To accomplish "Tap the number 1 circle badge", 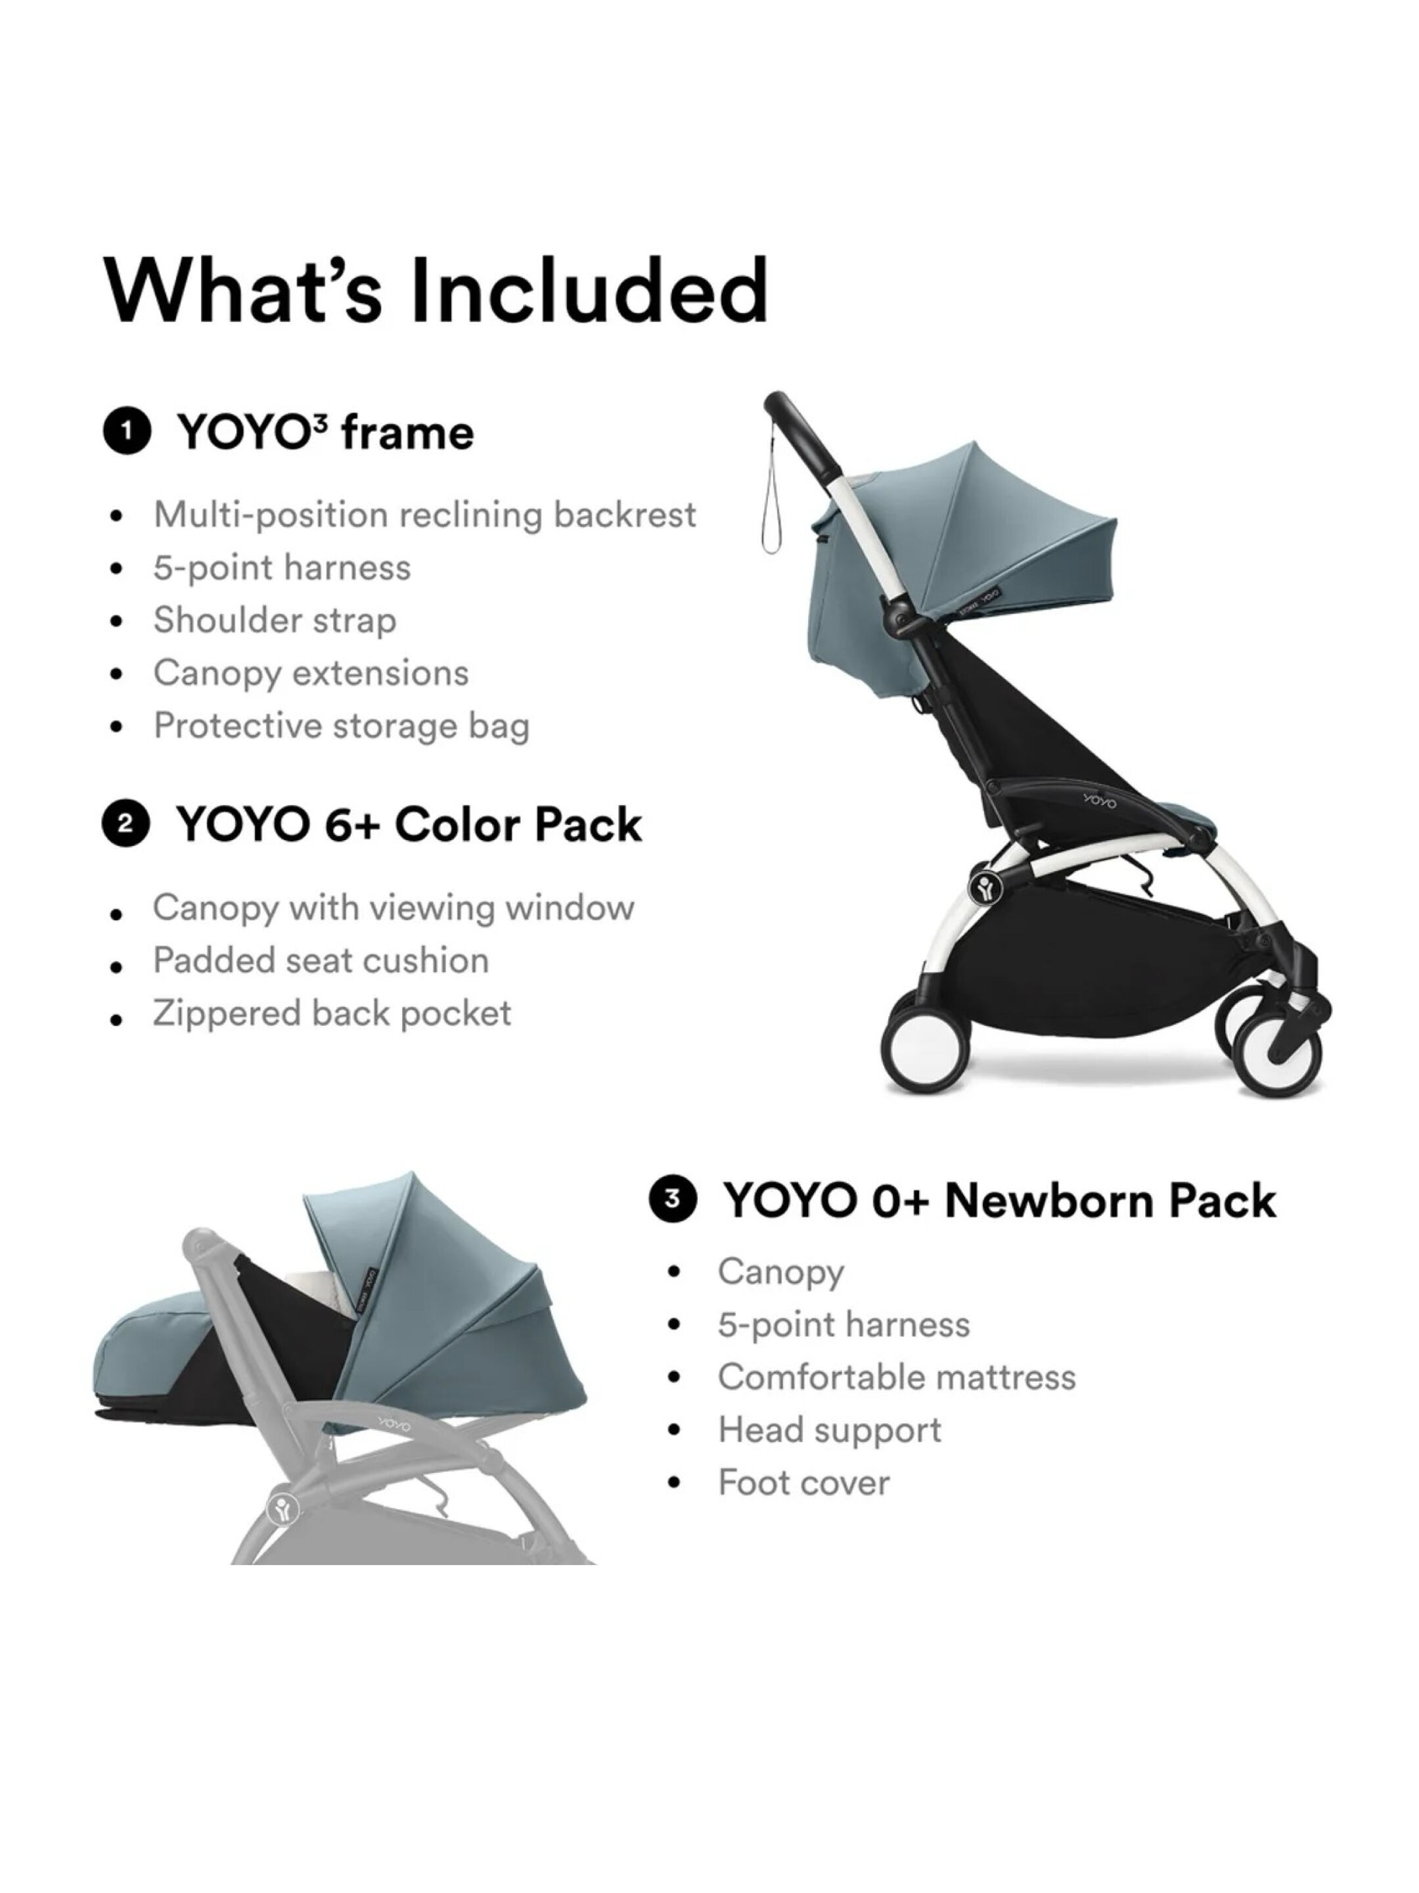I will pos(127,432).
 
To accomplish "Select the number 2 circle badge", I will pos(125,824).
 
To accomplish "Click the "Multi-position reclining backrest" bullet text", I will pos(424,514).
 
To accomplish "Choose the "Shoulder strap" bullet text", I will pos(275,620).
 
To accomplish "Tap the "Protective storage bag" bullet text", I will pos(341,726).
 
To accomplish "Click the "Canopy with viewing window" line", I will pos(394,907).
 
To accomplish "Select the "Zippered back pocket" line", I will pos(332,1014).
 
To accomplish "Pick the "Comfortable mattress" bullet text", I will pos(896,1377).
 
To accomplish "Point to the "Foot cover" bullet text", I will pos(803,1483).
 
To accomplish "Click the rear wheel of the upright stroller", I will pos(926,1050).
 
